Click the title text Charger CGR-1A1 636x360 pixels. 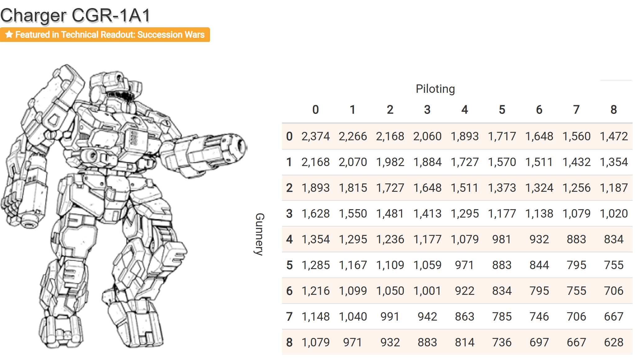pyautogui.click(x=75, y=16)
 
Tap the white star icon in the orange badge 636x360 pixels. pyautogui.click(x=9, y=34)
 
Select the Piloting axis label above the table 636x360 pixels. pyautogui.click(x=435, y=89)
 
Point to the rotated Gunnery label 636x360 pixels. pyautogui.click(x=259, y=234)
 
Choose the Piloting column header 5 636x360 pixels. pyautogui.click(x=502, y=110)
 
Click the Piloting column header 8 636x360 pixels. pyautogui.click(x=614, y=110)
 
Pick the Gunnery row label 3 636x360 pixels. pyautogui.click(x=289, y=214)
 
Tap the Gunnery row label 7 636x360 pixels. pyautogui.click(x=289, y=317)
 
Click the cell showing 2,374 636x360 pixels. pyautogui.click(x=316, y=136)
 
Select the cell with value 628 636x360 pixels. pyautogui.click(x=614, y=342)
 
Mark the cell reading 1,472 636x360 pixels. pyautogui.click(x=614, y=136)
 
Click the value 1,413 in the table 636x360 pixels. pyautogui.click(x=427, y=214)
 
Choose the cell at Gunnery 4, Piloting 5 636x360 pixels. pyautogui.click(x=502, y=239)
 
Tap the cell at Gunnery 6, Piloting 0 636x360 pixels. pyautogui.click(x=316, y=291)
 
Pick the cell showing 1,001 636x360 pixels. pyautogui.click(x=427, y=291)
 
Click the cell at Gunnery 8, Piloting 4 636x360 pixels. pyautogui.click(x=464, y=342)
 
